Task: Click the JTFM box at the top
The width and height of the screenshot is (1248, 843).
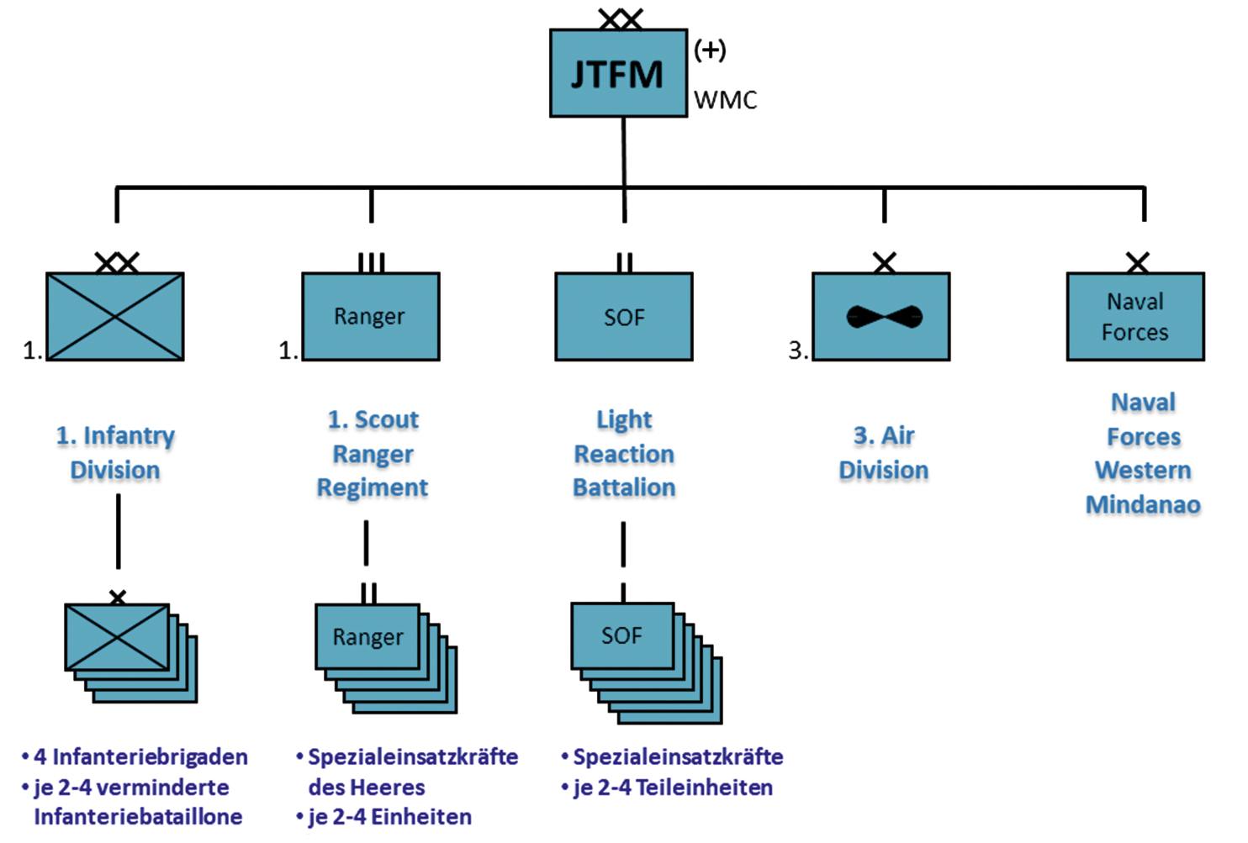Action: (x=618, y=74)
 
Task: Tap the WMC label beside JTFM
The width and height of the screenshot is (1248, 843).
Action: (x=725, y=100)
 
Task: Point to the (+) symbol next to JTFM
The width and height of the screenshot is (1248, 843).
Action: (x=710, y=50)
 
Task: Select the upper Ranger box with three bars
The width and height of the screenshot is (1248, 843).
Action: (x=370, y=317)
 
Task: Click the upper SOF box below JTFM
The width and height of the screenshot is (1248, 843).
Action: (x=624, y=317)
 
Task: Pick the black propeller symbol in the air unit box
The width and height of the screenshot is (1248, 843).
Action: (x=884, y=317)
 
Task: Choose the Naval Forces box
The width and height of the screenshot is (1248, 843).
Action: (x=1135, y=317)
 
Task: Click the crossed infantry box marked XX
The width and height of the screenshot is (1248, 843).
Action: (x=115, y=317)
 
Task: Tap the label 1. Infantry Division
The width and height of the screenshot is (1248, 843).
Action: (x=115, y=452)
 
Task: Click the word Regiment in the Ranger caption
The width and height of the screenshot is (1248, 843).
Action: (x=373, y=487)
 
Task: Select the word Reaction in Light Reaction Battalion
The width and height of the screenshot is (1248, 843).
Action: (x=624, y=454)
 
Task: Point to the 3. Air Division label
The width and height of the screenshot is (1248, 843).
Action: (x=884, y=452)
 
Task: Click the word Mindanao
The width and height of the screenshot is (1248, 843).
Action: (x=1143, y=504)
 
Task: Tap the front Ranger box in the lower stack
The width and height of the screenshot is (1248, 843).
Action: (x=368, y=637)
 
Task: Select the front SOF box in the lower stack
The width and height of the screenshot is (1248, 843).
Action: (x=622, y=636)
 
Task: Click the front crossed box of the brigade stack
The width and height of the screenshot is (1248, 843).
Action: (x=117, y=637)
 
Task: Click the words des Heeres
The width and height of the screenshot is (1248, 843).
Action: (x=367, y=788)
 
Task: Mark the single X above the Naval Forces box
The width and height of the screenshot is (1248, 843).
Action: (x=1137, y=263)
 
